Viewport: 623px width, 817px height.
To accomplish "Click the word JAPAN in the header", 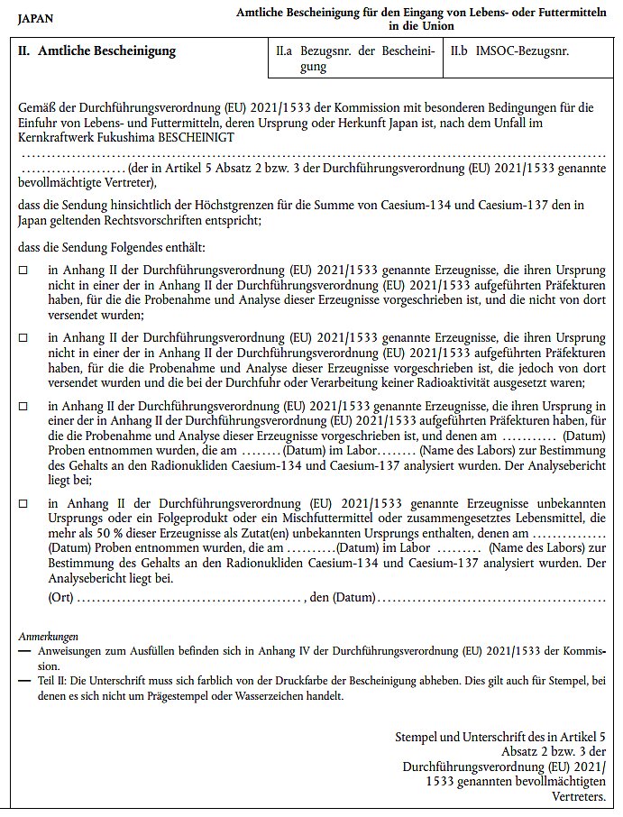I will pos(35,17).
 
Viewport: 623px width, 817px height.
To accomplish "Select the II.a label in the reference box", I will pos(285,51).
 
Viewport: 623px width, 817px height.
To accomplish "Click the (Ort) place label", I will pos(62,596).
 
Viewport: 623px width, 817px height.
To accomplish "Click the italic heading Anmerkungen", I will pos(48,636).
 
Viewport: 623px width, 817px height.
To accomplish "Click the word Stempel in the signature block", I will pos(418,737).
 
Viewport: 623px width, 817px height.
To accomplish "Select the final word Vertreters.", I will pos(577,795).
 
